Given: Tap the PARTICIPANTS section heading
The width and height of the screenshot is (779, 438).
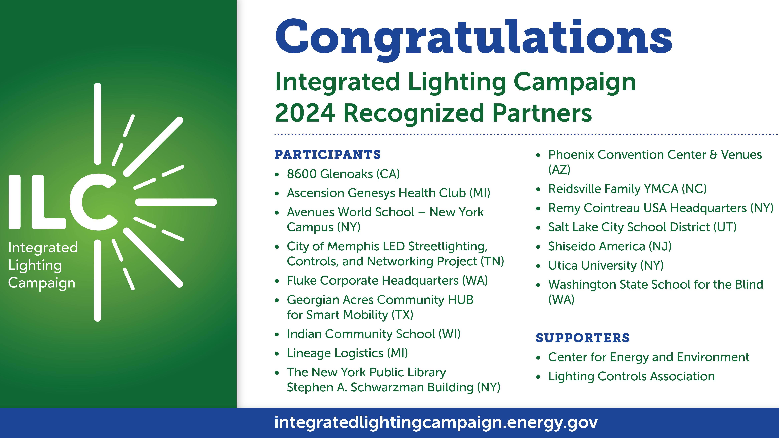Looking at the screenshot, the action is [327, 155].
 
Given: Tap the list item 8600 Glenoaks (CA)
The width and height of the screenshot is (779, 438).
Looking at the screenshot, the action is [343, 174].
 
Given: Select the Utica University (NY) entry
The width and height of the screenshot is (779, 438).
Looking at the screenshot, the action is [606, 266].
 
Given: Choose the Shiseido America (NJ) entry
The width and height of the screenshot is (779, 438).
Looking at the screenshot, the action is [610, 246].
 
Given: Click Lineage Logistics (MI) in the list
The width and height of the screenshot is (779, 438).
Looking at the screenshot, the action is [348, 353].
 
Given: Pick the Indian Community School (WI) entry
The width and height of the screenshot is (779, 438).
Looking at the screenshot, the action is [374, 334].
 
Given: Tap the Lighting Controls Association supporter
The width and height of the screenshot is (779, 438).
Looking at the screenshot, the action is [631, 376].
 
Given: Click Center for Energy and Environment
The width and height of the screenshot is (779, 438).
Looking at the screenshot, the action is [649, 357].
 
